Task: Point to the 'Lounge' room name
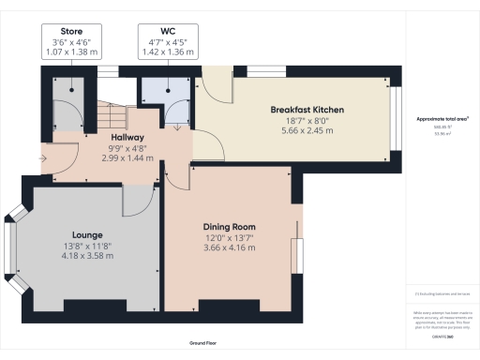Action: pyautogui.click(x=86, y=234)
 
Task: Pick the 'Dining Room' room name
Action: pyautogui.click(x=230, y=227)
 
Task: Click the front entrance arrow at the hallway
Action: pyautogui.click(x=45, y=157)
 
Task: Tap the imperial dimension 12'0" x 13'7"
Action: pyautogui.click(x=230, y=237)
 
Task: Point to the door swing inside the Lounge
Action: pyautogui.click(x=139, y=199)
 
